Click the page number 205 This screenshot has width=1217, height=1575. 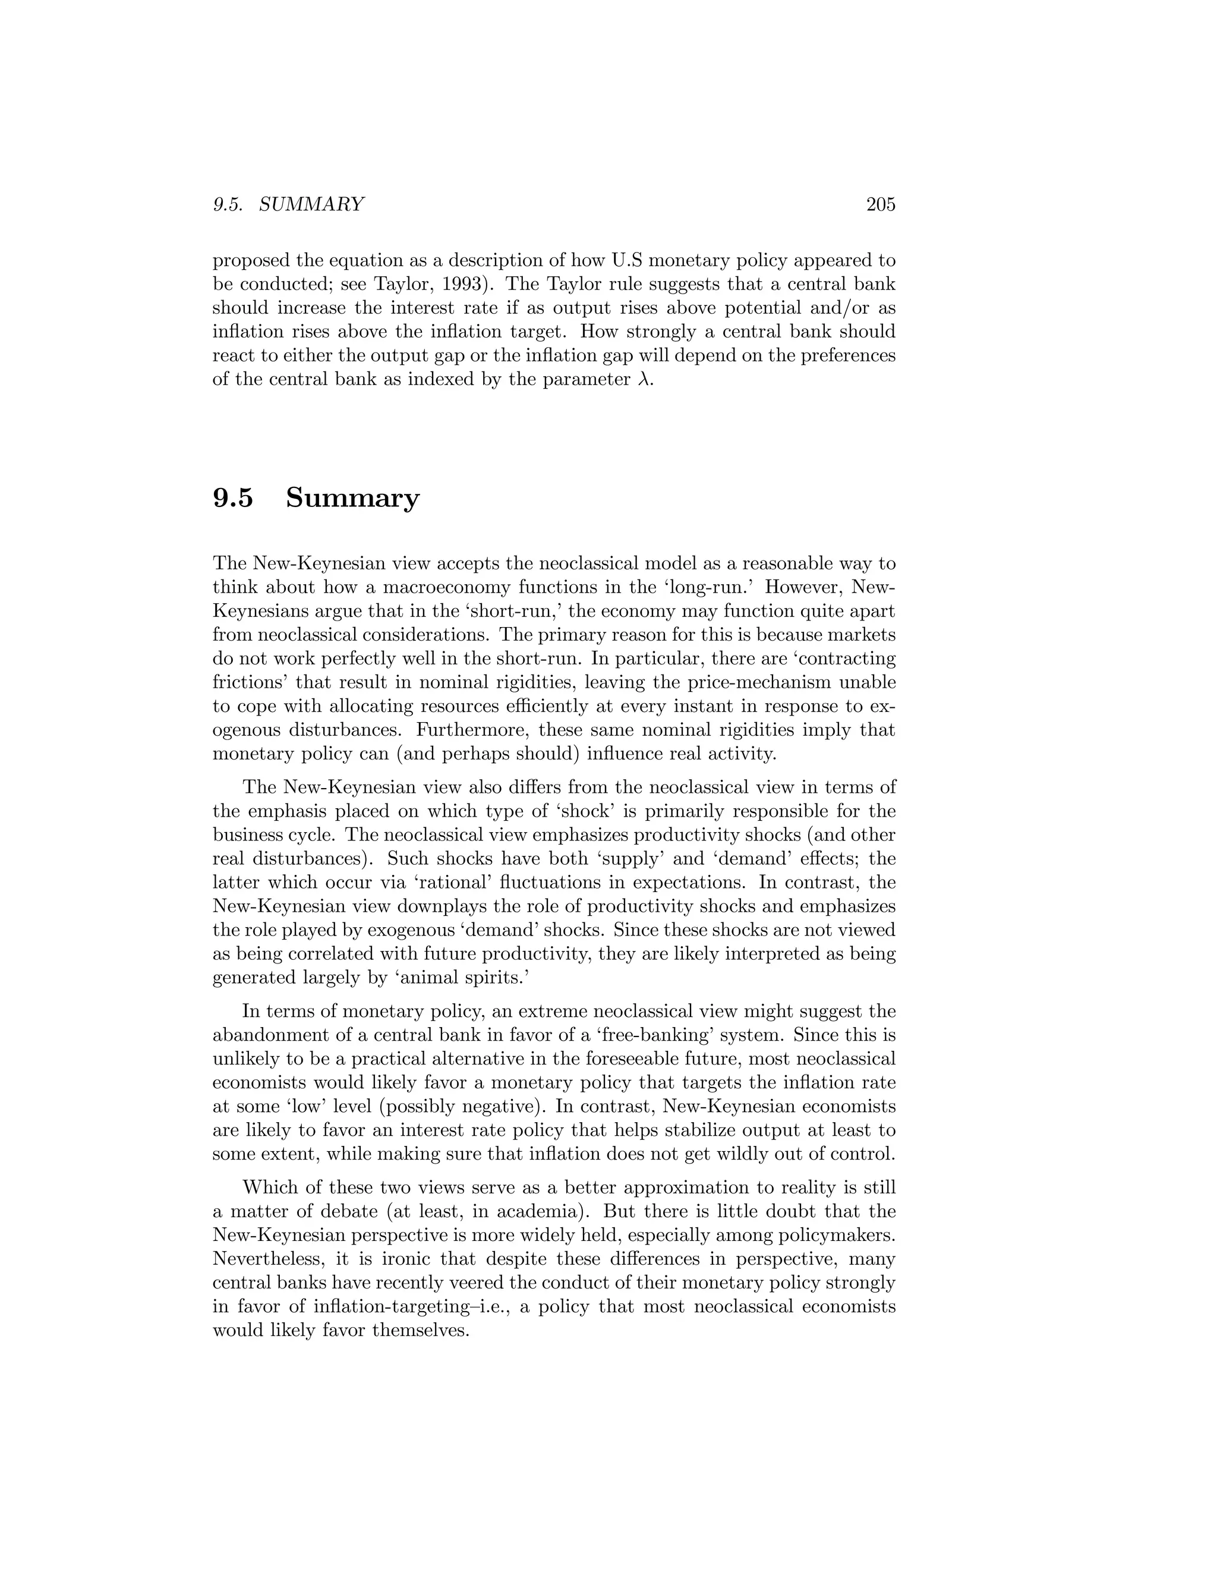coord(880,205)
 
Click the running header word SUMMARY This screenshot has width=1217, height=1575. coord(311,205)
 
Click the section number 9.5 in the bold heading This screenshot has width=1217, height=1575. coord(233,498)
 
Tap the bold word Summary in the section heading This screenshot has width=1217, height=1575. coord(352,498)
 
